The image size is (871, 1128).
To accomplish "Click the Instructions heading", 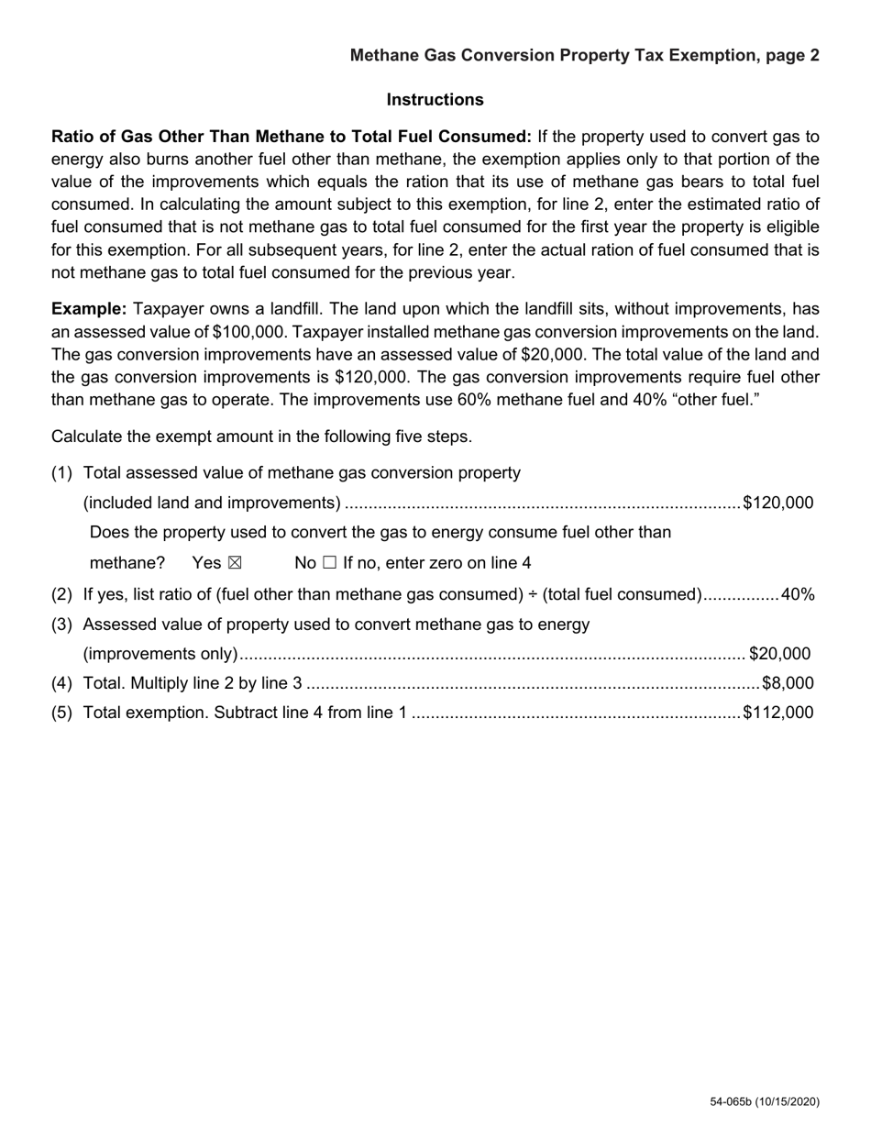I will pos(435,99).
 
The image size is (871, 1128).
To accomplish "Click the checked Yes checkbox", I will pos(234,563).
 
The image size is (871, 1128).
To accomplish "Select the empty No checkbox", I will pos(329,563).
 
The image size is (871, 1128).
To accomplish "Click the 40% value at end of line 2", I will pos(797,594).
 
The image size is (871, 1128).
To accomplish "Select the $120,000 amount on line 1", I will pos(777,503).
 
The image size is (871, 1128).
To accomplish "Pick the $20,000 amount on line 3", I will pos(779,654).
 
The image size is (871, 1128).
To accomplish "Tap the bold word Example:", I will pos(89,309).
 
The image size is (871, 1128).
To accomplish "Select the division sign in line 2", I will pos(533,594).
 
